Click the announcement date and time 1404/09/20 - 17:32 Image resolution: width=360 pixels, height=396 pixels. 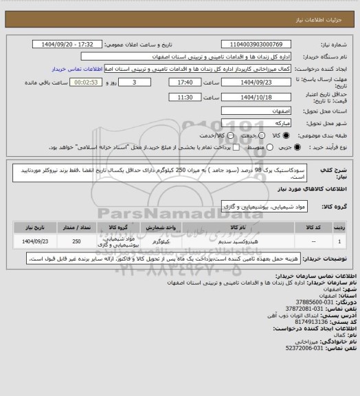pyautogui.click(x=76, y=44)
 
